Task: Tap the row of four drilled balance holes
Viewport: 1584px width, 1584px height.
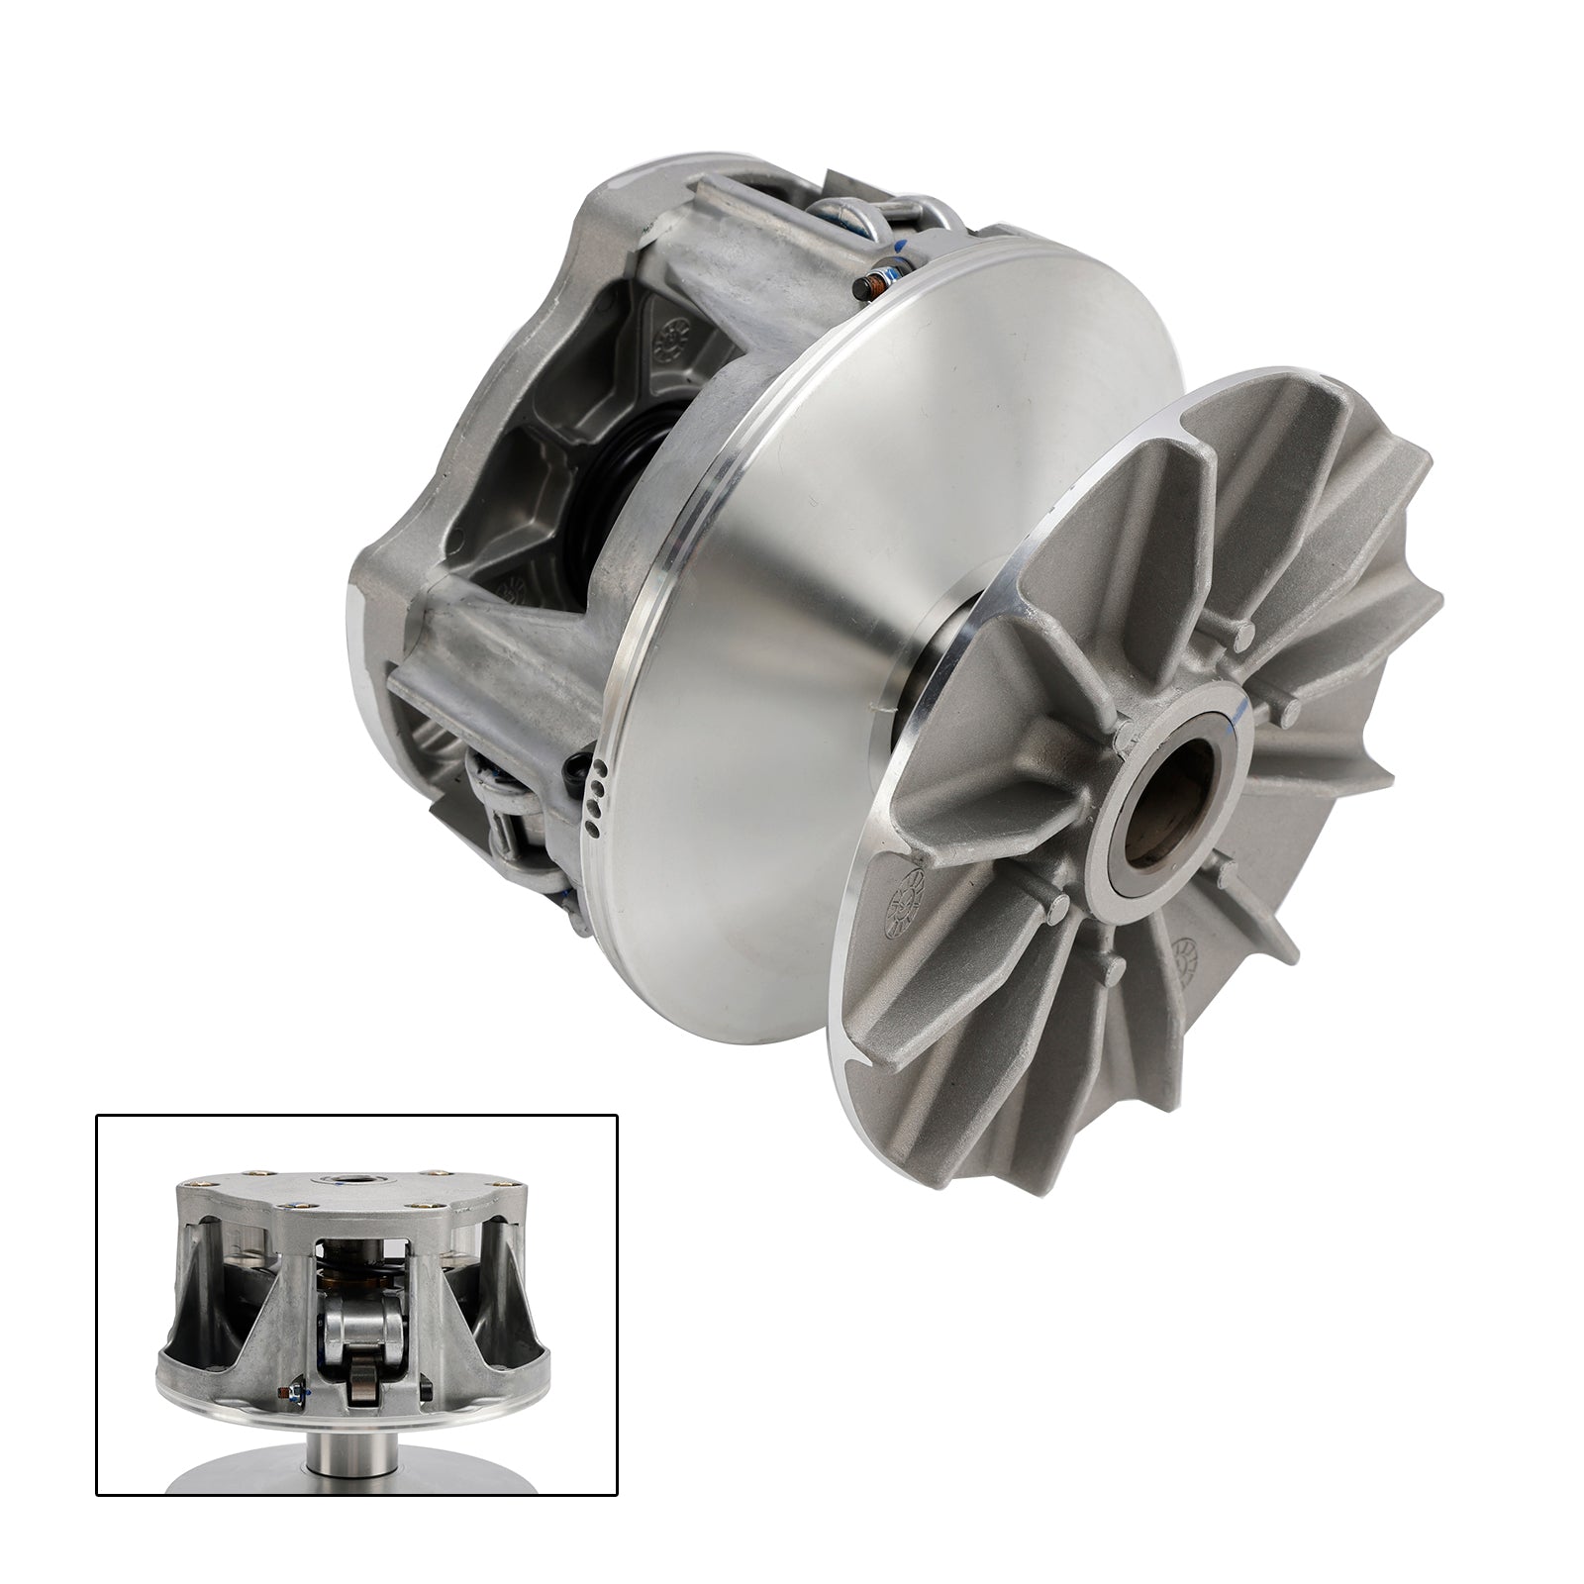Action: pos(592,791)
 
